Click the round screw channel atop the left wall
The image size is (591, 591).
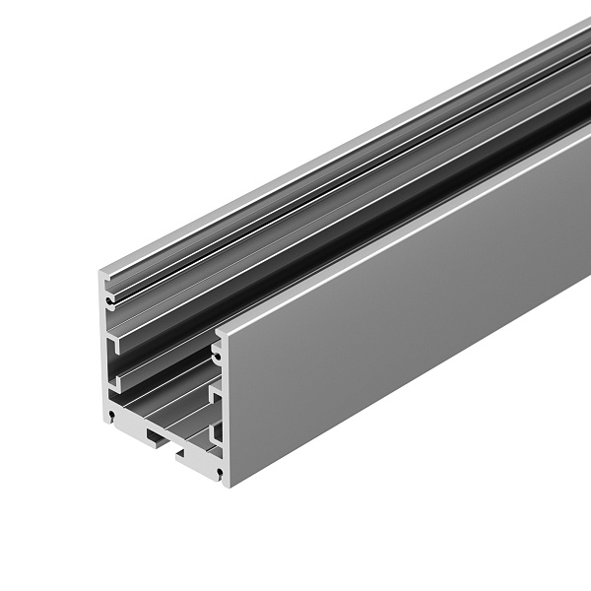tap(109, 292)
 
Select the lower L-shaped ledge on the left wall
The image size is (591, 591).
tap(115, 375)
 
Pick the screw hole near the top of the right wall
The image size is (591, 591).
tap(216, 348)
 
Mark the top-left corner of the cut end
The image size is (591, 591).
tap(101, 269)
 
